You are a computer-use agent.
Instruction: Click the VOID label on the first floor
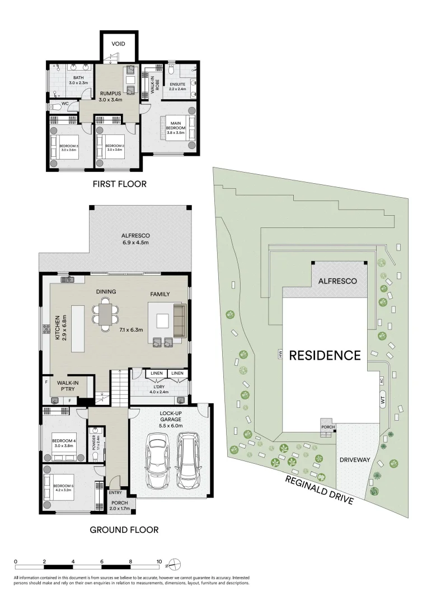pyautogui.click(x=118, y=44)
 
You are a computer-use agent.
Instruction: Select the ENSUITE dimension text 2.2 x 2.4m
pyautogui.click(x=177, y=89)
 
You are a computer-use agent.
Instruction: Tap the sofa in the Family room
pyautogui.click(x=179, y=320)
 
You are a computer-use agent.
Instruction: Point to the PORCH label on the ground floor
pyautogui.click(x=119, y=503)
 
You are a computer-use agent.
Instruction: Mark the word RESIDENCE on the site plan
pyautogui.click(x=325, y=355)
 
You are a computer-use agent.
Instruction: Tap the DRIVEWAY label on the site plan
pyautogui.click(x=355, y=460)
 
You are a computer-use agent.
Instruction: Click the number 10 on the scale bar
pyautogui.click(x=159, y=561)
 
